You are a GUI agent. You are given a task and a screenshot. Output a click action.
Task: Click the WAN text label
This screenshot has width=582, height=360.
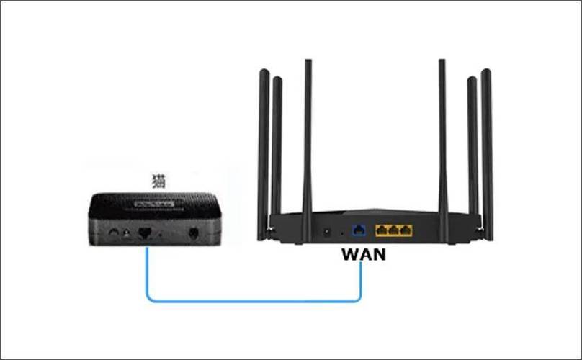point(363,254)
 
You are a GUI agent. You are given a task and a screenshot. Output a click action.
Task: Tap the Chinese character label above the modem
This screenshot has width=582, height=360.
point(158,180)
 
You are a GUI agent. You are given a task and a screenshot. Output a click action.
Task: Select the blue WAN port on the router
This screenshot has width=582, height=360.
point(357,230)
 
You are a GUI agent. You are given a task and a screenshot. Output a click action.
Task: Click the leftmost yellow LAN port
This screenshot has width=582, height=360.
point(382,230)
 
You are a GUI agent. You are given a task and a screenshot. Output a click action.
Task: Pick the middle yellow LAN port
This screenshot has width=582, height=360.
point(394,230)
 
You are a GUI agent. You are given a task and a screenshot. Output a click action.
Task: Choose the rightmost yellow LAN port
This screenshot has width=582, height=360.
point(406,230)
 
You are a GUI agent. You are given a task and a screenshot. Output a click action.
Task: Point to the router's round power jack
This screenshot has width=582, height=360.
point(328,232)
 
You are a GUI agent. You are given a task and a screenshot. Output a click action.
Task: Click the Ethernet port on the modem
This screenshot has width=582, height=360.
point(145,233)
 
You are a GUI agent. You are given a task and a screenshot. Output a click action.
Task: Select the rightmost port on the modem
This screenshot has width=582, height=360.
point(193,233)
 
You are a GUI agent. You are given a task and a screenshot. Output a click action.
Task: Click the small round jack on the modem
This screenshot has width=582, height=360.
point(127,233)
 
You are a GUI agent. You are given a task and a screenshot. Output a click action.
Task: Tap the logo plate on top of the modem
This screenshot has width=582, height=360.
point(153,204)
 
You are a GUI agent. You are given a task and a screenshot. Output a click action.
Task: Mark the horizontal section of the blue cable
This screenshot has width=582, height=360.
point(252,300)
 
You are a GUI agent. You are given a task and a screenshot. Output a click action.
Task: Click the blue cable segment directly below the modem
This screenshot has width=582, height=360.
point(147,270)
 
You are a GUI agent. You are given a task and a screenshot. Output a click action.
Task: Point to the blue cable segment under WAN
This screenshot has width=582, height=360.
point(360,281)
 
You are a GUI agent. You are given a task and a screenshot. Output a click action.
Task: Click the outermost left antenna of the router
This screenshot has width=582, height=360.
point(264,151)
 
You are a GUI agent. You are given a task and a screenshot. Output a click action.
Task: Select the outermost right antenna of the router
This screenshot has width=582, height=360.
point(487,151)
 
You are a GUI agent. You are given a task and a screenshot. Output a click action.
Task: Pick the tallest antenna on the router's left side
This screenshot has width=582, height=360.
point(308,144)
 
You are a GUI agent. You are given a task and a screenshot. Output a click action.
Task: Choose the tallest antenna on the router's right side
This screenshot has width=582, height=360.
point(442,144)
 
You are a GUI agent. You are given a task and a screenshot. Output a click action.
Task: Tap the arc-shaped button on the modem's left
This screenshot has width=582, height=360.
point(112,233)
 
